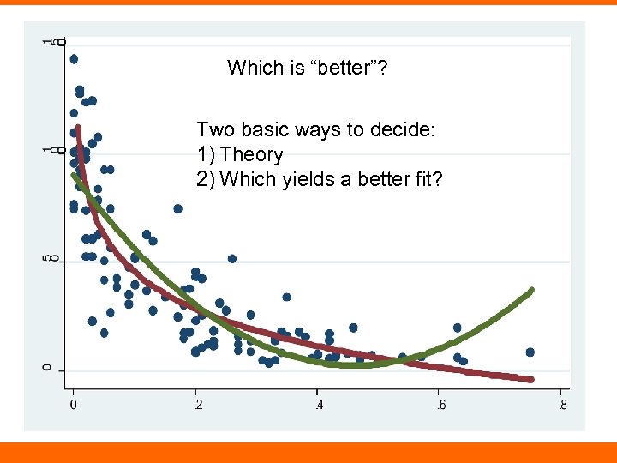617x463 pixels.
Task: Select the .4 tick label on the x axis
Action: click(318, 406)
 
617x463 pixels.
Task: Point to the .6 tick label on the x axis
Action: click(440, 406)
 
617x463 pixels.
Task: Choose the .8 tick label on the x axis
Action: click(561, 406)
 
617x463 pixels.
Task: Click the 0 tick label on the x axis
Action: click(74, 406)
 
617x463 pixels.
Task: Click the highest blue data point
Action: click(74, 59)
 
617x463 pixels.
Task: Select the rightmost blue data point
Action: click(530, 352)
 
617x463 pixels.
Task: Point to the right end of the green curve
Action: click(531, 291)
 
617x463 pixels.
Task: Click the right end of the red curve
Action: click(531, 379)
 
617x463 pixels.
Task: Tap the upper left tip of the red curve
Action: click(78, 129)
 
